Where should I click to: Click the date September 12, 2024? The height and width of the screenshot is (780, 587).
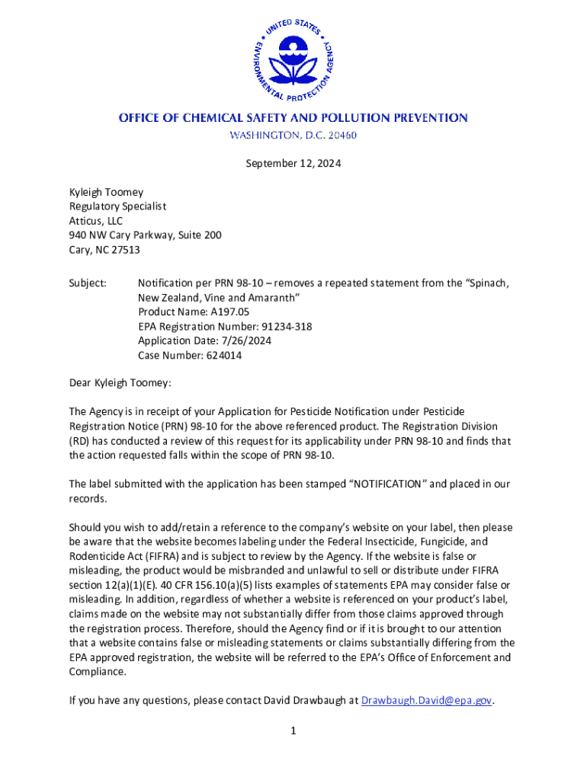(293, 163)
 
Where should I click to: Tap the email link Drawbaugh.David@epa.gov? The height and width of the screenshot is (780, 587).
(427, 701)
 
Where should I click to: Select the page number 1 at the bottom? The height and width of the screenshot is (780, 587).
(293, 731)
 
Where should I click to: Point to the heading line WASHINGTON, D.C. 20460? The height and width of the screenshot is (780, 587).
(293, 136)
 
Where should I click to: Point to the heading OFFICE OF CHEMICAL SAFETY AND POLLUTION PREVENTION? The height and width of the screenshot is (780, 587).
(293, 118)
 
